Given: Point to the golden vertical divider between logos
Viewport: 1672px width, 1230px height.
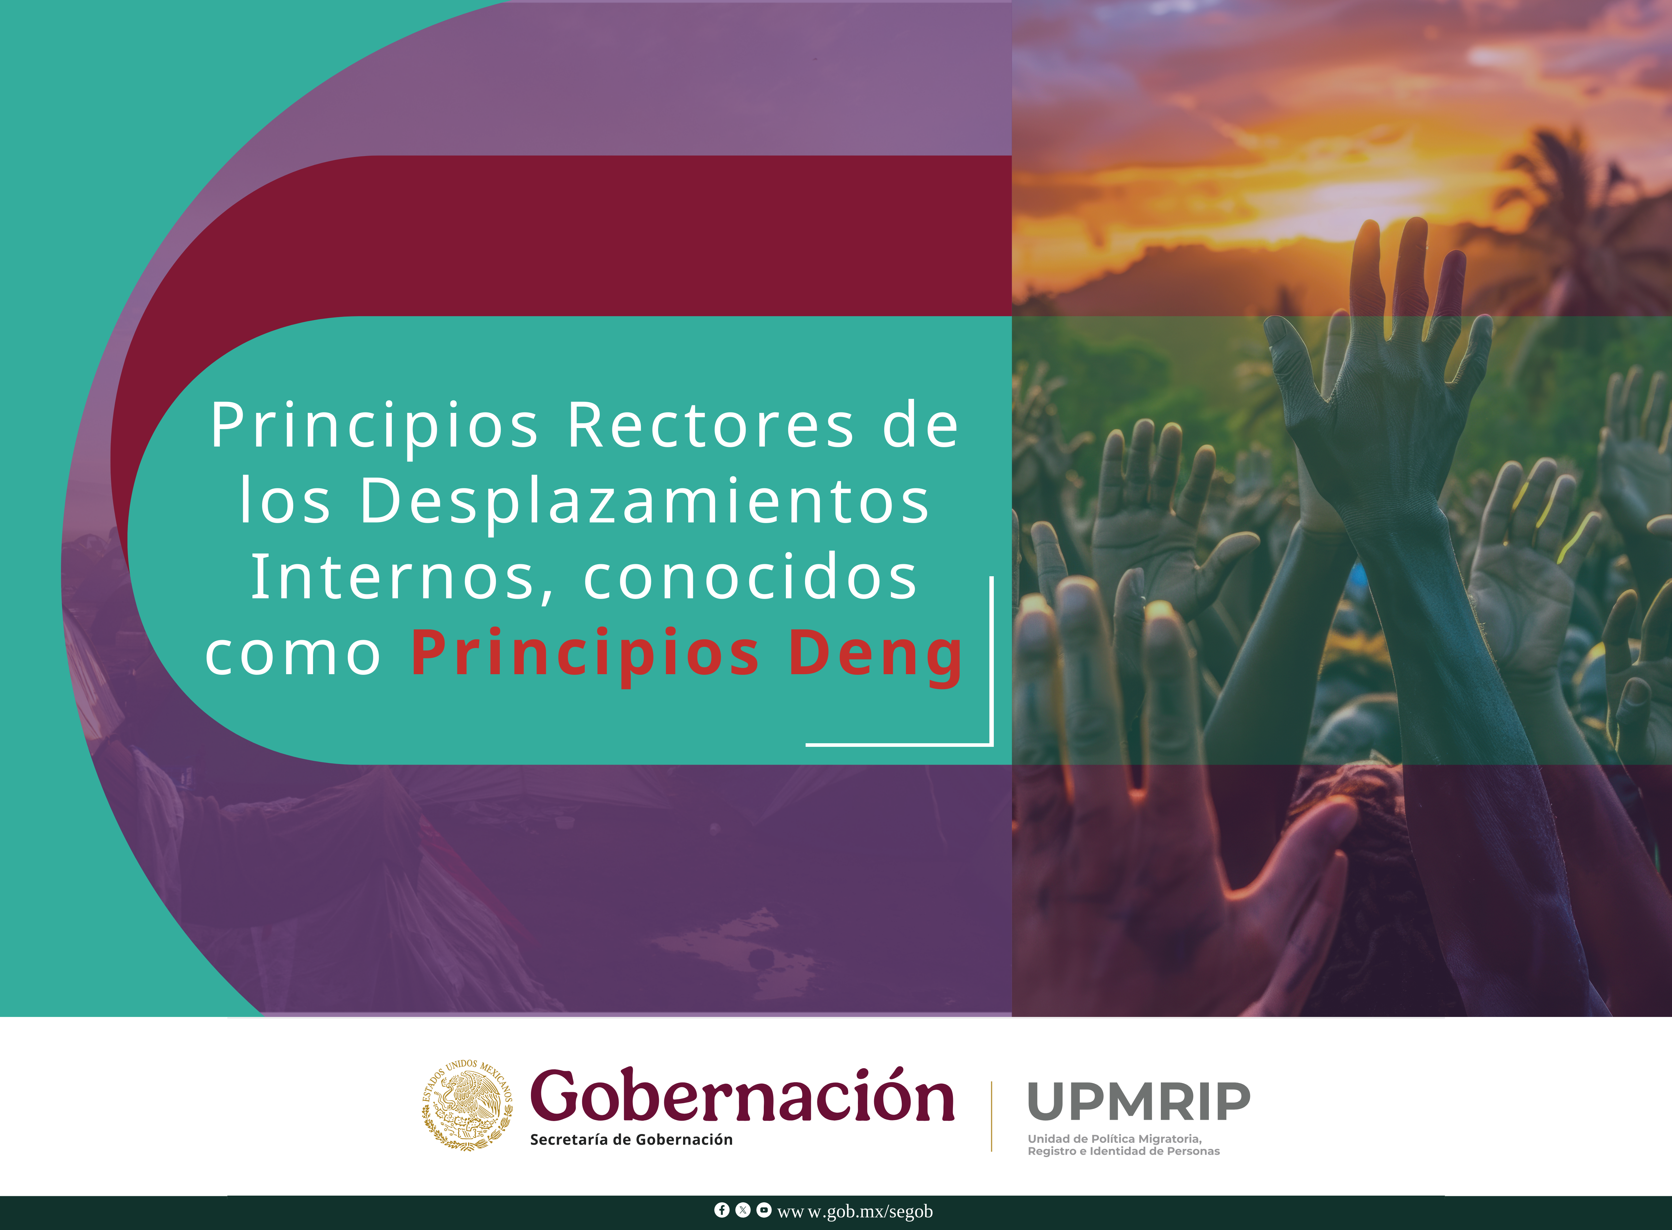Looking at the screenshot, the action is click(991, 1117).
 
